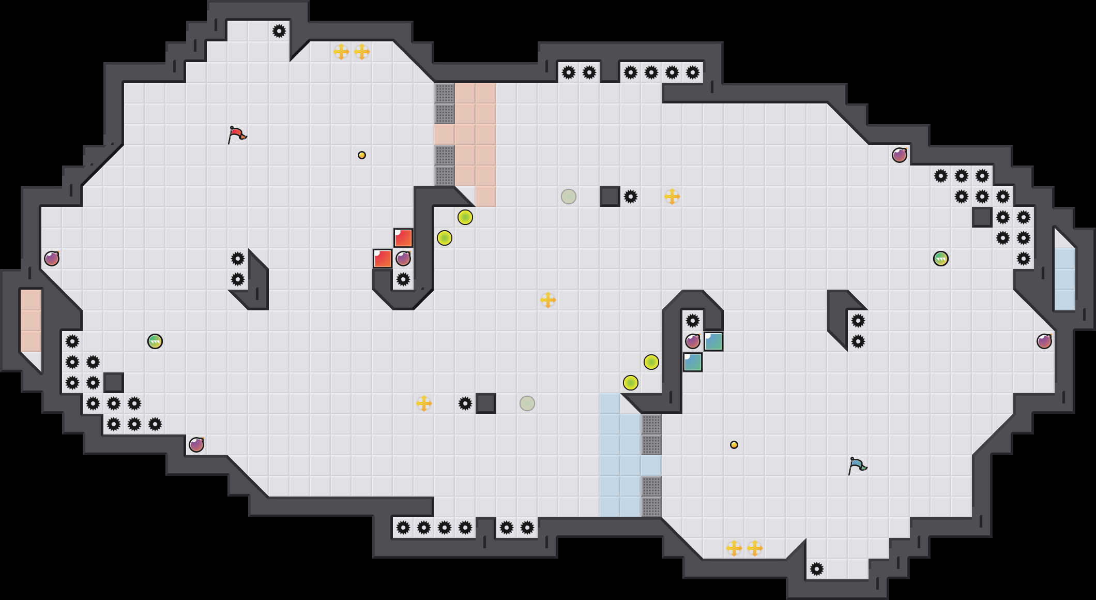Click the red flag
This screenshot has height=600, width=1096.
[x=237, y=134]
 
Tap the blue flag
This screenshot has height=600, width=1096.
[x=857, y=466]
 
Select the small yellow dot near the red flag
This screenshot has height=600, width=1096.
[x=362, y=155]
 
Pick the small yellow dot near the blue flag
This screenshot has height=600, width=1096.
[x=734, y=445]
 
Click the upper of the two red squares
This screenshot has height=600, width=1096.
[x=403, y=238]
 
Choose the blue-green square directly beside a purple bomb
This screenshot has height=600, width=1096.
[x=713, y=341]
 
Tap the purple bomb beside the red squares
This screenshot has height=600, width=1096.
[x=403, y=259]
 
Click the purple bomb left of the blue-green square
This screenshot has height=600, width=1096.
[x=693, y=341]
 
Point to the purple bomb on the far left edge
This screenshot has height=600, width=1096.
[x=52, y=259]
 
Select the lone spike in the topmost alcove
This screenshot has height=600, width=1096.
[x=279, y=31]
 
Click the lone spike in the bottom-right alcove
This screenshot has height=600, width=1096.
[x=817, y=569]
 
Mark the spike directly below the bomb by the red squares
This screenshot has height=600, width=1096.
[x=403, y=279]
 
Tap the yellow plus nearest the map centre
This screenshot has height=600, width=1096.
[x=548, y=300]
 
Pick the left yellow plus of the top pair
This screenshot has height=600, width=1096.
[x=341, y=52]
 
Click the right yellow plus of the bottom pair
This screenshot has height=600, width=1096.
[x=755, y=548]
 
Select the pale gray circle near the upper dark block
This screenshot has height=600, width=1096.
[x=569, y=197]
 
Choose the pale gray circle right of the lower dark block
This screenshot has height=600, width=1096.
[x=527, y=403]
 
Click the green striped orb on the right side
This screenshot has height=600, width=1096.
[x=941, y=259]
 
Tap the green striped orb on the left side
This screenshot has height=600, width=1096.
[x=155, y=341]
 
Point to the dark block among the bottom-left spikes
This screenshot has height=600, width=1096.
[x=114, y=383]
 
